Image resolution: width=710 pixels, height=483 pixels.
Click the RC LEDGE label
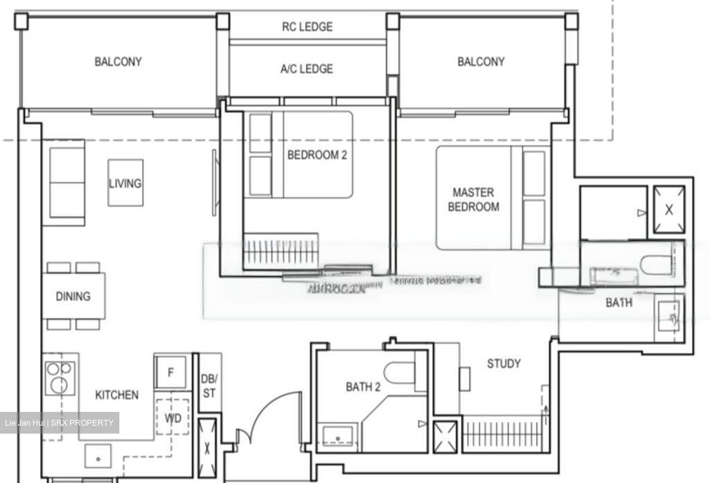pyautogui.click(x=307, y=27)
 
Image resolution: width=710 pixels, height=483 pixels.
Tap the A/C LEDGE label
pyautogui.click(x=306, y=69)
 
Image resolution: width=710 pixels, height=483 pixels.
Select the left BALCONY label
pyautogui.click(x=118, y=62)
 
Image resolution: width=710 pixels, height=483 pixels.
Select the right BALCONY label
pyautogui.click(x=481, y=62)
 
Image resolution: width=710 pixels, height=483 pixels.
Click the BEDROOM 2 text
pyautogui.click(x=317, y=155)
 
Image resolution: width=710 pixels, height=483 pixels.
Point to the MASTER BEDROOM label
pyautogui.click(x=473, y=200)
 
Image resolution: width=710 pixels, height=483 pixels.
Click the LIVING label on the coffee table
pyautogui.click(x=125, y=183)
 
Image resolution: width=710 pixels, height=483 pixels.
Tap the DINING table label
pyautogui.click(x=73, y=296)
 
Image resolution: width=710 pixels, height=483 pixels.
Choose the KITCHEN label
pyautogui.click(x=117, y=395)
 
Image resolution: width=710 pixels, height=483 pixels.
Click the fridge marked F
pyautogui.click(x=171, y=372)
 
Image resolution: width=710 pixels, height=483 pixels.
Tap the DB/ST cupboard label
pyautogui.click(x=209, y=386)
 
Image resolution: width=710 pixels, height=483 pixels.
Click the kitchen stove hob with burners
pyautogui.click(x=60, y=378)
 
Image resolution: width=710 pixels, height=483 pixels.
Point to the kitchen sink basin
pyautogui.click(x=98, y=457)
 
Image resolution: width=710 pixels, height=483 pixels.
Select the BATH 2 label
pyautogui.click(x=363, y=387)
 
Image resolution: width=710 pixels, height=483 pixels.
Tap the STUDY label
pyautogui.click(x=503, y=364)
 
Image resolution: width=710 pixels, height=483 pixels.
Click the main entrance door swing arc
pyautogui.click(x=276, y=410)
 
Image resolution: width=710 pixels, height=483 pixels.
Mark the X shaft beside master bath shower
pyautogui.click(x=669, y=209)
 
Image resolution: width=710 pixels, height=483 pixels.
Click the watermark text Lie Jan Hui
pyautogui.click(x=25, y=423)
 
